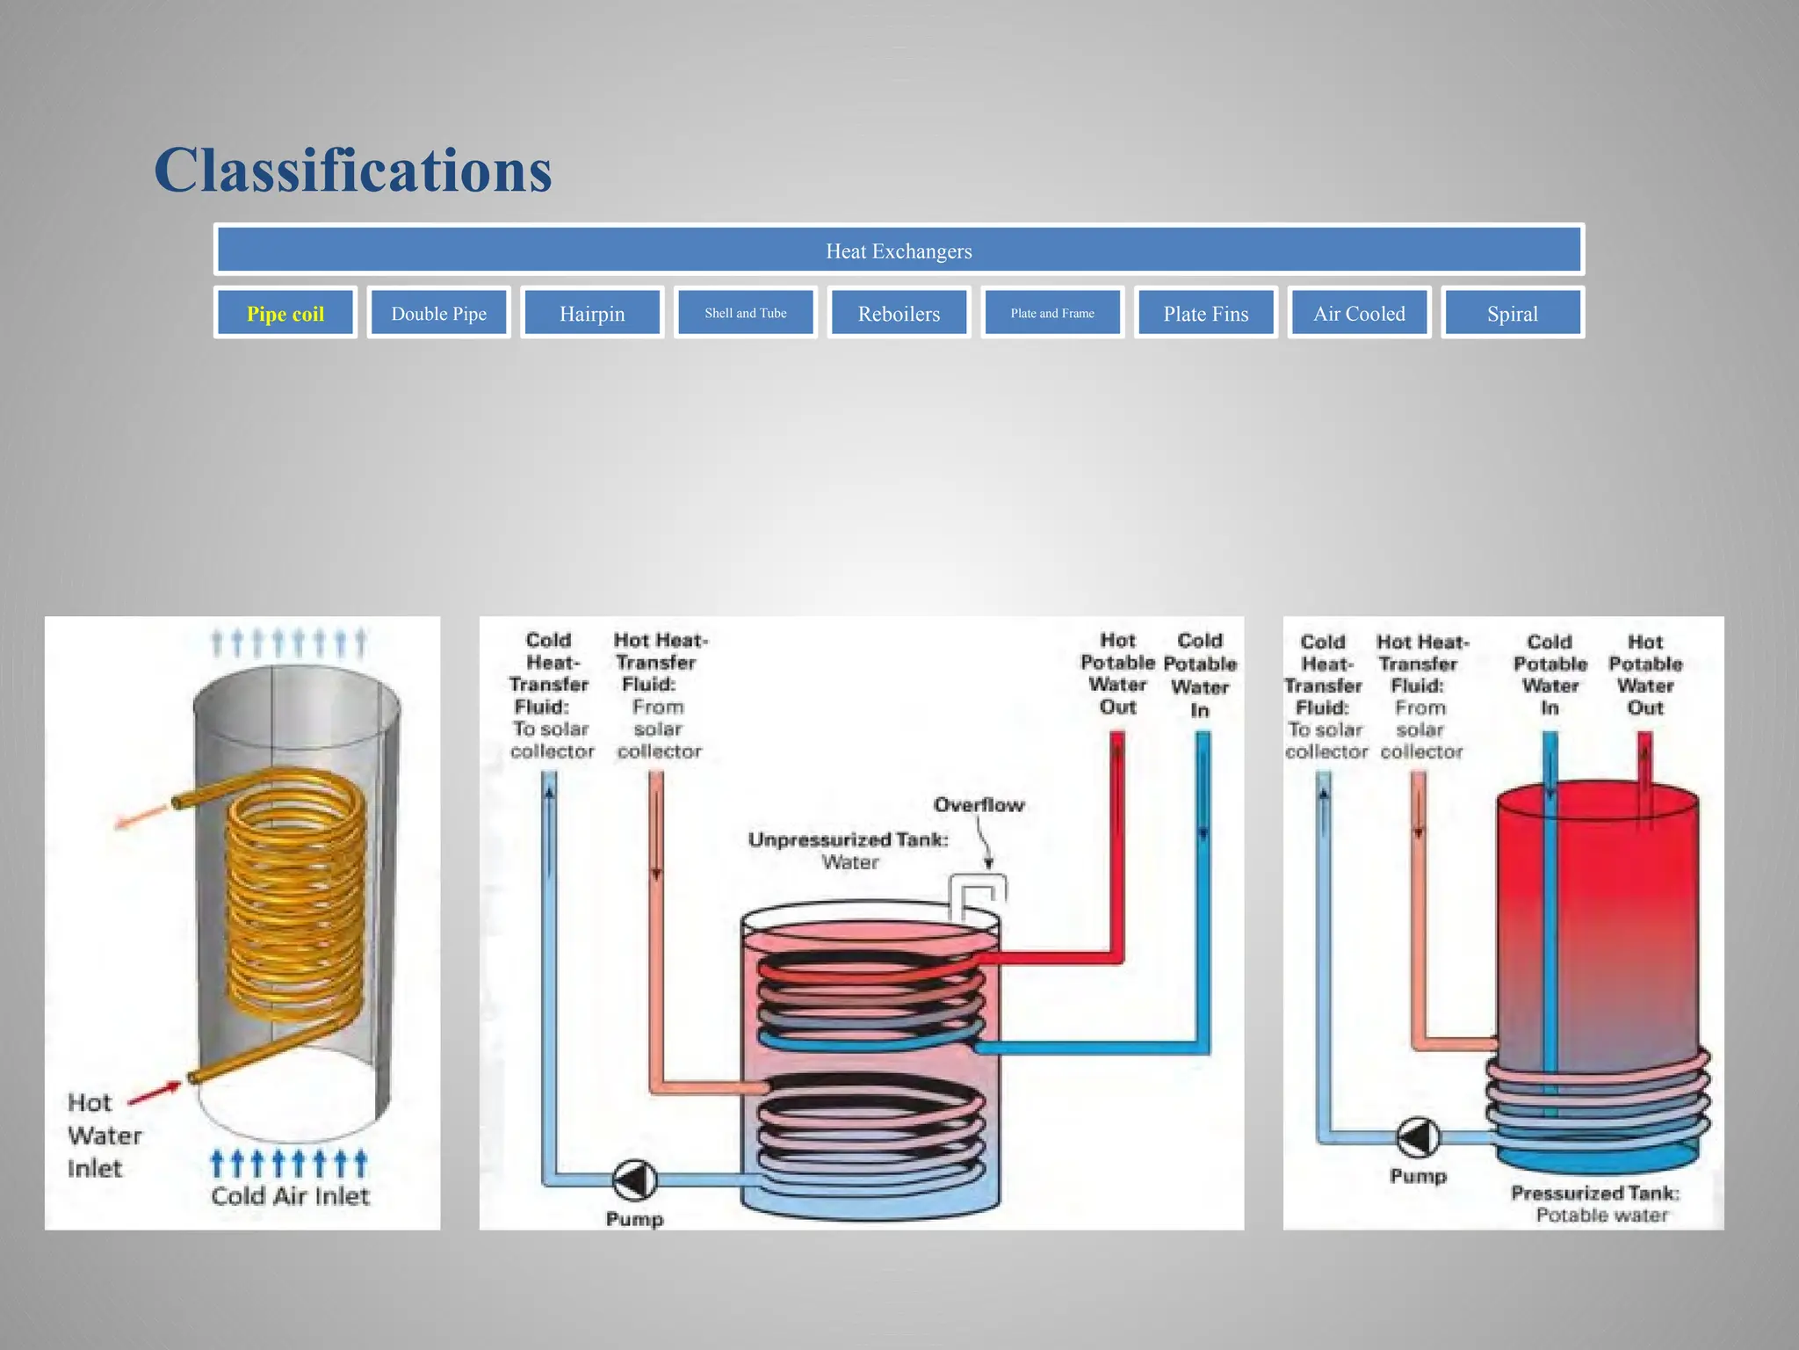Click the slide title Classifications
point(353,170)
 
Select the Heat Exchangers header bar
point(899,251)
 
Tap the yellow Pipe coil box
point(285,314)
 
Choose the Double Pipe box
point(438,314)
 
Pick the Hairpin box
point(592,314)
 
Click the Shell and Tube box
point(745,313)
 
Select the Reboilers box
point(899,314)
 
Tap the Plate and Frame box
point(1052,313)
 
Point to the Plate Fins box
point(1205,314)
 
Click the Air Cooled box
point(1359,314)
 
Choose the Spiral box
point(1512,314)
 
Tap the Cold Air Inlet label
point(290,1196)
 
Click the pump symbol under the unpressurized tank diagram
point(634,1179)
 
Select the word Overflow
point(979,805)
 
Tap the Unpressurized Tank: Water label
point(849,851)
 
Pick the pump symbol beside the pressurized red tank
point(1418,1137)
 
